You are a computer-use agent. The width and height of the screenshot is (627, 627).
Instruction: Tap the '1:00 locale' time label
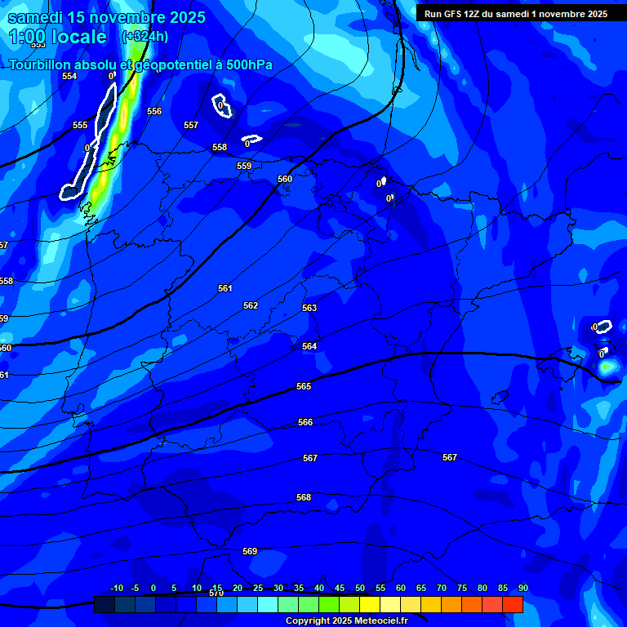coord(57,37)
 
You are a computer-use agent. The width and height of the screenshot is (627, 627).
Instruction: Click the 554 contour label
coord(69,76)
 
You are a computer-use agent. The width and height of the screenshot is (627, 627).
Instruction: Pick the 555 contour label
coord(80,125)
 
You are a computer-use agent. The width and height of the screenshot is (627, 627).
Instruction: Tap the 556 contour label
coord(154,111)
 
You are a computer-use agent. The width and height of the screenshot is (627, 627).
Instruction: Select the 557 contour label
coord(191,125)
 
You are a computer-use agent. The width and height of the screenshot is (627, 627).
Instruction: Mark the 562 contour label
coord(251,305)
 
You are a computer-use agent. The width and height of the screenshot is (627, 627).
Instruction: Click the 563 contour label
coord(309,308)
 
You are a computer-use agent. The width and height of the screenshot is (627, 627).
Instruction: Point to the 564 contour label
coord(309,346)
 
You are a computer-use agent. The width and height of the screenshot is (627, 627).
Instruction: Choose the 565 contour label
coord(304,386)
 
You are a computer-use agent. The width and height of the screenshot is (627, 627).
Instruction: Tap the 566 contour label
coord(305,422)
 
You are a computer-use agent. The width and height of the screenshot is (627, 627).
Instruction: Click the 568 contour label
coord(304,497)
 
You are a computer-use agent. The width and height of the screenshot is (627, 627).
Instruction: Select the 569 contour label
coord(250,551)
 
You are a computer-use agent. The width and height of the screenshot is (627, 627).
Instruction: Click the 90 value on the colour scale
coord(522,588)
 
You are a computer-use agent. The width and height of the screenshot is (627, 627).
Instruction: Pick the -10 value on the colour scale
coord(116,588)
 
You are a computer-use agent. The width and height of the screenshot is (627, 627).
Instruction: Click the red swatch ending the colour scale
coord(512,604)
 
